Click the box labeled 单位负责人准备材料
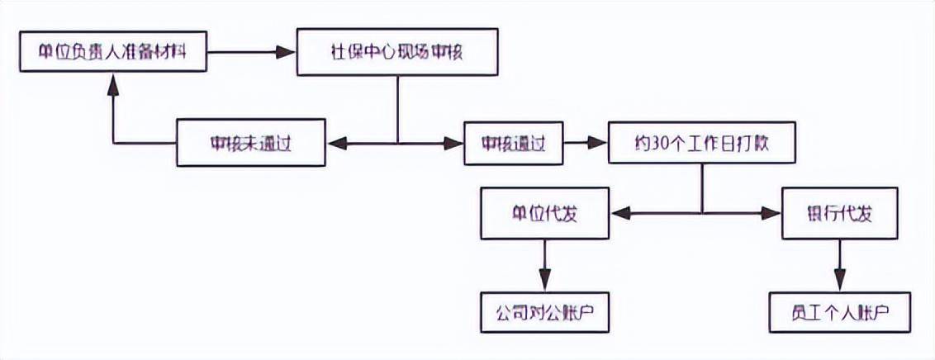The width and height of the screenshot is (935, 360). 112,53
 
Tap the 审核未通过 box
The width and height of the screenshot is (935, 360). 251,143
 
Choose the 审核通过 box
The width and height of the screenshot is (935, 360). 513,143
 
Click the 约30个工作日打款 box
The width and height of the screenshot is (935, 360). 702,143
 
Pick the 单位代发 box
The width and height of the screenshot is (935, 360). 545,214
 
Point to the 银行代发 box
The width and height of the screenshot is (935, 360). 839,214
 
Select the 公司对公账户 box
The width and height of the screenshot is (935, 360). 545,314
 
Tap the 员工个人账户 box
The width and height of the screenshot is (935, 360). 839,314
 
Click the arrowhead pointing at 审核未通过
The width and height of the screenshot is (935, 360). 335,144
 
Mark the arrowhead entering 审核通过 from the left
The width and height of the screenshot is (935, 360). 455,144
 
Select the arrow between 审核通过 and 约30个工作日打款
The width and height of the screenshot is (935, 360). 586,143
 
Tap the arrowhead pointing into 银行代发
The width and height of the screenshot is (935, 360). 772,214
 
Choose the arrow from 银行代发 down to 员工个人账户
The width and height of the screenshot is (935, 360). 839,264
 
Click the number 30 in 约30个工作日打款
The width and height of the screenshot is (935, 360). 657,143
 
